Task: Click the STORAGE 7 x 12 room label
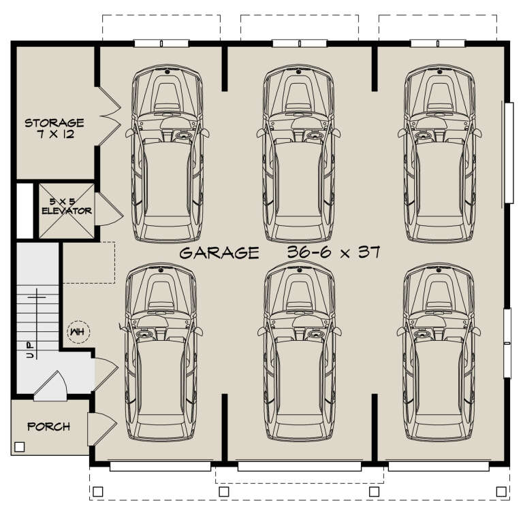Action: tap(54, 129)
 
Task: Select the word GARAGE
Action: tap(219, 253)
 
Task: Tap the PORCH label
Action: tap(48, 426)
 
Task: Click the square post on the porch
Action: tap(19, 447)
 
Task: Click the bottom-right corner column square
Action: tap(502, 490)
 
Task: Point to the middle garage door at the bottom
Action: tap(297, 467)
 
